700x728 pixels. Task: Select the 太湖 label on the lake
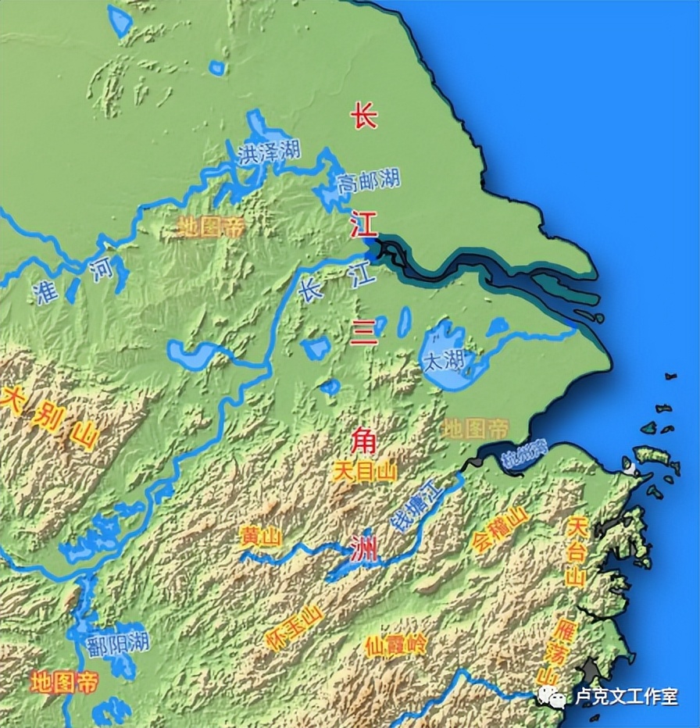442,361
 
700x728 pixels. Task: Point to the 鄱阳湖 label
118,643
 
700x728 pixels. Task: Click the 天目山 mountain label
365,472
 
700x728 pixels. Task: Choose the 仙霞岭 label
396,645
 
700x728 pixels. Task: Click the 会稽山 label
500,530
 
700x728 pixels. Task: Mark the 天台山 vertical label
577,551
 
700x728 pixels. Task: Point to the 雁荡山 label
556,652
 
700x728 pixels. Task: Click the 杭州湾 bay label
524,454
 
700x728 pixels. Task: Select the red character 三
364,334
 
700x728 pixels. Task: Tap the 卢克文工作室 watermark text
627,696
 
